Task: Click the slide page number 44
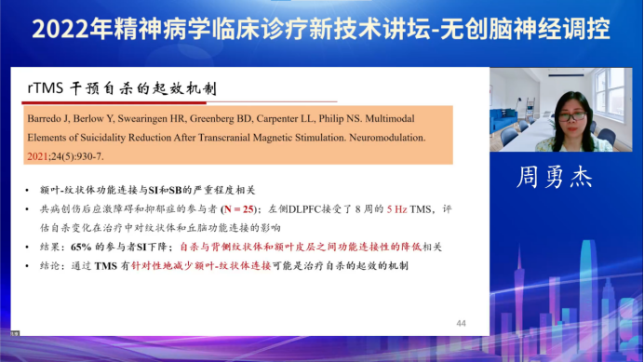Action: [461, 323]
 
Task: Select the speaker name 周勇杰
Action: [566, 176]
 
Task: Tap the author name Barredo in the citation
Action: [46, 119]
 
